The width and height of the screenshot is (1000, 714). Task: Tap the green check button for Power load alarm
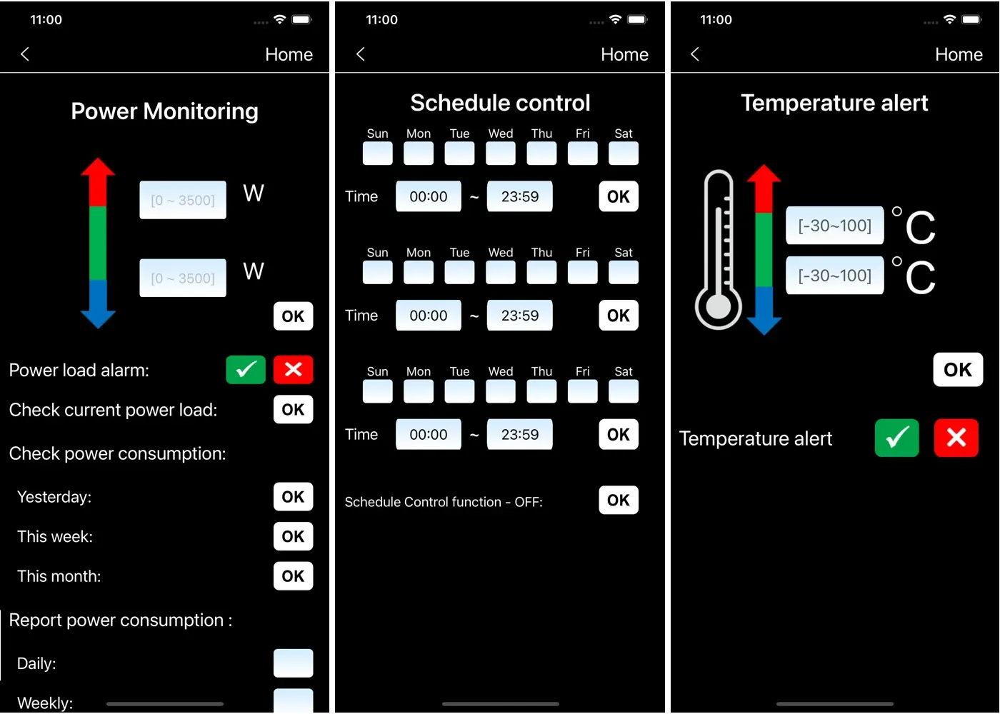(246, 370)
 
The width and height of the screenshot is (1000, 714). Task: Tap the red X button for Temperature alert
(956, 438)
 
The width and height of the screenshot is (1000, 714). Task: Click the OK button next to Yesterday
(294, 497)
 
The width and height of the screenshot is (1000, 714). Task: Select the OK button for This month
(294, 576)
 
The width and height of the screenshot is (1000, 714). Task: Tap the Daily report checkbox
(294, 663)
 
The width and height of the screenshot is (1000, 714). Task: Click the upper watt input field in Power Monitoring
(183, 200)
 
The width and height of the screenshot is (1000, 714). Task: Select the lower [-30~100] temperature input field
(835, 276)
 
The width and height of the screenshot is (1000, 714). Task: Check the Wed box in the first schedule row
(501, 153)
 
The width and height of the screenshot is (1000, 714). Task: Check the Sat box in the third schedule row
(624, 391)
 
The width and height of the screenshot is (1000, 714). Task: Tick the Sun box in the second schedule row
(378, 272)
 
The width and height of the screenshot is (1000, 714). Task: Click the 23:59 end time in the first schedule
(520, 196)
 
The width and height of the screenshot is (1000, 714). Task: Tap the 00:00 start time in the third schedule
(429, 434)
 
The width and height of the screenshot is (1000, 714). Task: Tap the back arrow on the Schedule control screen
(361, 54)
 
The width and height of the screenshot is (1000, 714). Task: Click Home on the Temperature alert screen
(959, 54)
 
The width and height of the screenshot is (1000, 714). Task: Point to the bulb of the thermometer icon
(719, 306)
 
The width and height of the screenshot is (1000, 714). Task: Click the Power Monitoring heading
(165, 111)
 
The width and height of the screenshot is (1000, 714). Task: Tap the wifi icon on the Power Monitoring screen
(280, 19)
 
